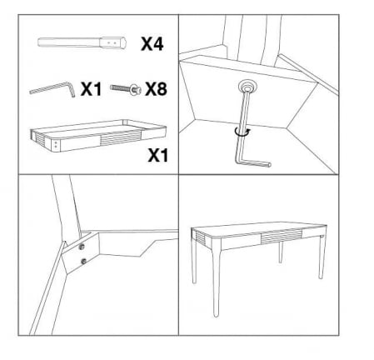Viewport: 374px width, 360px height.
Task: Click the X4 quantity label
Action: coord(152,44)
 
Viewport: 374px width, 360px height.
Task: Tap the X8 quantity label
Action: coord(156,89)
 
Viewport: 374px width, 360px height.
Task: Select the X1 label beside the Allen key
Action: coord(91,89)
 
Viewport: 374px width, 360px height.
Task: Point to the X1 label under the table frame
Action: coord(158,155)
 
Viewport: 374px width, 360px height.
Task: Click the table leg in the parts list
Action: coord(82,42)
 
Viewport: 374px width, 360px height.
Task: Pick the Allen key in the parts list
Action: coord(52,89)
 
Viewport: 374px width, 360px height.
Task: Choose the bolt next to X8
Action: coord(126,89)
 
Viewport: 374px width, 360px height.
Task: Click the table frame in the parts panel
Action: coord(98,136)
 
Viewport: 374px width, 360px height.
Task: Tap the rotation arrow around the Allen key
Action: coord(242,132)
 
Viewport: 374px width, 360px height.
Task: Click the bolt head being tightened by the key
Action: coord(247,87)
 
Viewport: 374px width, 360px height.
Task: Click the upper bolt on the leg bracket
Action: coord(82,247)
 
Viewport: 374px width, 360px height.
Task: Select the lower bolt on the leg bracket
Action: coord(83,261)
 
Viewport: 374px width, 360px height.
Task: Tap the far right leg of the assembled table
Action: coord(322,257)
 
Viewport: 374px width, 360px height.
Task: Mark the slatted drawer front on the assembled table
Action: coord(281,237)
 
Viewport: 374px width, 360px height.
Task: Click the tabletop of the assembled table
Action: coord(259,229)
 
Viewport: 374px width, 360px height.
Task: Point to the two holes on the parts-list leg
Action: coord(112,43)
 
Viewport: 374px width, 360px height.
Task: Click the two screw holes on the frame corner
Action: coord(57,144)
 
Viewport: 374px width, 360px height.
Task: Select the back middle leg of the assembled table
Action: coord(281,252)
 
